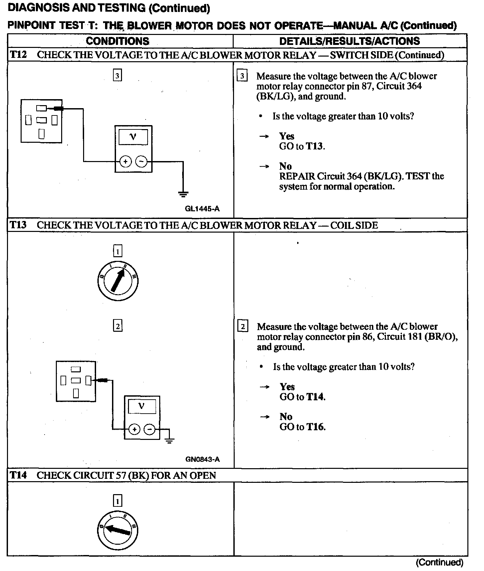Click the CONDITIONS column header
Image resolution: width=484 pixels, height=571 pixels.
point(117,41)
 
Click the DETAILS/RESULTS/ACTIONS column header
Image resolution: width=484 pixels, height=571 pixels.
point(349,41)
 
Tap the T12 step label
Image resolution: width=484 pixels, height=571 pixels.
point(18,55)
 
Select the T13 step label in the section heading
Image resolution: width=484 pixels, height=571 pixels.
point(18,225)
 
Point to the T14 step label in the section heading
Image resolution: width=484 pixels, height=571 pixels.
point(18,475)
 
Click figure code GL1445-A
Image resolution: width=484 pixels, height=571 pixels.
point(202,209)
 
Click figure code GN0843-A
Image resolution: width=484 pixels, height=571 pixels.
point(202,459)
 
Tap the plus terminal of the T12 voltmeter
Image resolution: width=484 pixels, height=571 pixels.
point(125,162)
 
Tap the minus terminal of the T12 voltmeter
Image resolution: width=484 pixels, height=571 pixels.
point(141,162)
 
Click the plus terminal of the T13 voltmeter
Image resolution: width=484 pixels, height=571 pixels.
point(134,429)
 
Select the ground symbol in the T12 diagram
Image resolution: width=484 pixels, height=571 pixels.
point(183,194)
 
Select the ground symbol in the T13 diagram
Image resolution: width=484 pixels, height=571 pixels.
point(170,441)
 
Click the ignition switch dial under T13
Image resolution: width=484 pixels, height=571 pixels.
point(118,282)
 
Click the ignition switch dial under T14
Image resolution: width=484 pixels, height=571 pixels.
point(118,530)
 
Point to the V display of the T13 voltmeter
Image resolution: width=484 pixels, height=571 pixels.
point(142,406)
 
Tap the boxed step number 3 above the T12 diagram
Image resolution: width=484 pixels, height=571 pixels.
point(117,76)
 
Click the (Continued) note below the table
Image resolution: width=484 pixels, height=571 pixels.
point(439,562)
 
